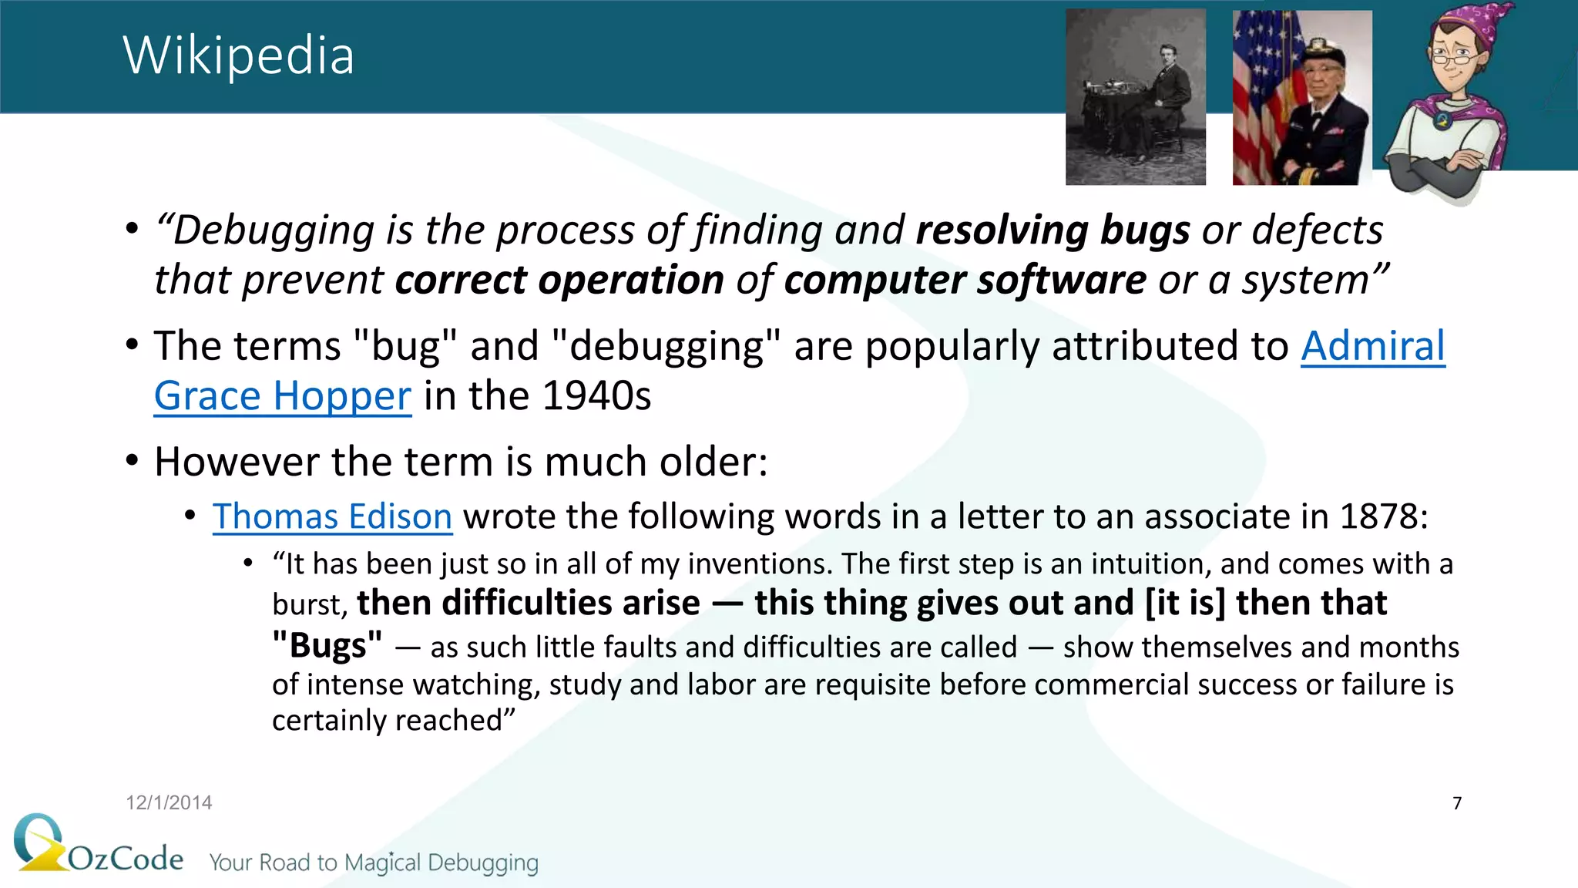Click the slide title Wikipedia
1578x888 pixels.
(x=238, y=55)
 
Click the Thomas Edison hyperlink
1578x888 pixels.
(x=332, y=516)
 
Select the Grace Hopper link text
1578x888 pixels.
(x=282, y=396)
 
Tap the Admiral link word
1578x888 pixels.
(x=1372, y=346)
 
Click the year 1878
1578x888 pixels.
(x=1382, y=516)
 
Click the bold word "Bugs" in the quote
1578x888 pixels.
(x=327, y=644)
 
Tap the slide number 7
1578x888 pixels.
(x=1456, y=803)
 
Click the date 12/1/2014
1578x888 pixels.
(x=169, y=802)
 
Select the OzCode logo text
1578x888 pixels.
(x=126, y=858)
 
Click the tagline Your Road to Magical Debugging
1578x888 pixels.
(x=374, y=863)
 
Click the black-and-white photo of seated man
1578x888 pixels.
(x=1135, y=97)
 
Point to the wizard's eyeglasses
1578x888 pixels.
(x=1453, y=56)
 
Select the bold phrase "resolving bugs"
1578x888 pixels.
(x=1053, y=230)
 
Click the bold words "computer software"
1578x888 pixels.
(x=965, y=280)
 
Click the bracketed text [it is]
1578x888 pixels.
(x=1185, y=603)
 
